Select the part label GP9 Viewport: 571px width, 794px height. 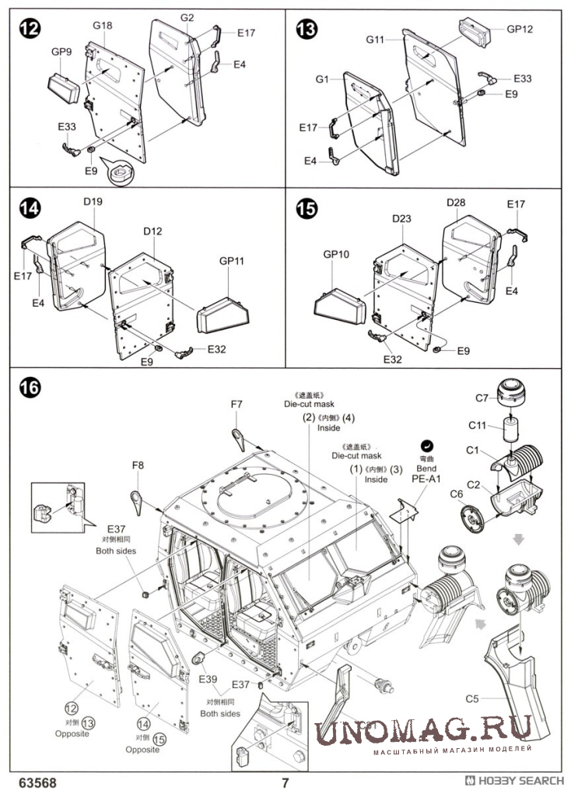(61, 53)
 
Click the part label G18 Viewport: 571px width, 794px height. (103, 26)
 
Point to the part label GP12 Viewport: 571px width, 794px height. (520, 29)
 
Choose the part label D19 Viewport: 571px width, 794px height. (93, 202)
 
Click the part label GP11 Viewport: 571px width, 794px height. (232, 262)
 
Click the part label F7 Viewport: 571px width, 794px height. (236, 404)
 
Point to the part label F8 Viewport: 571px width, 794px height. (138, 465)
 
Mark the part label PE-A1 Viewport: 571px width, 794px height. (426, 480)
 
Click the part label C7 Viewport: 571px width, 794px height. (482, 399)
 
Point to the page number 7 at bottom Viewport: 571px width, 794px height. (285, 782)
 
